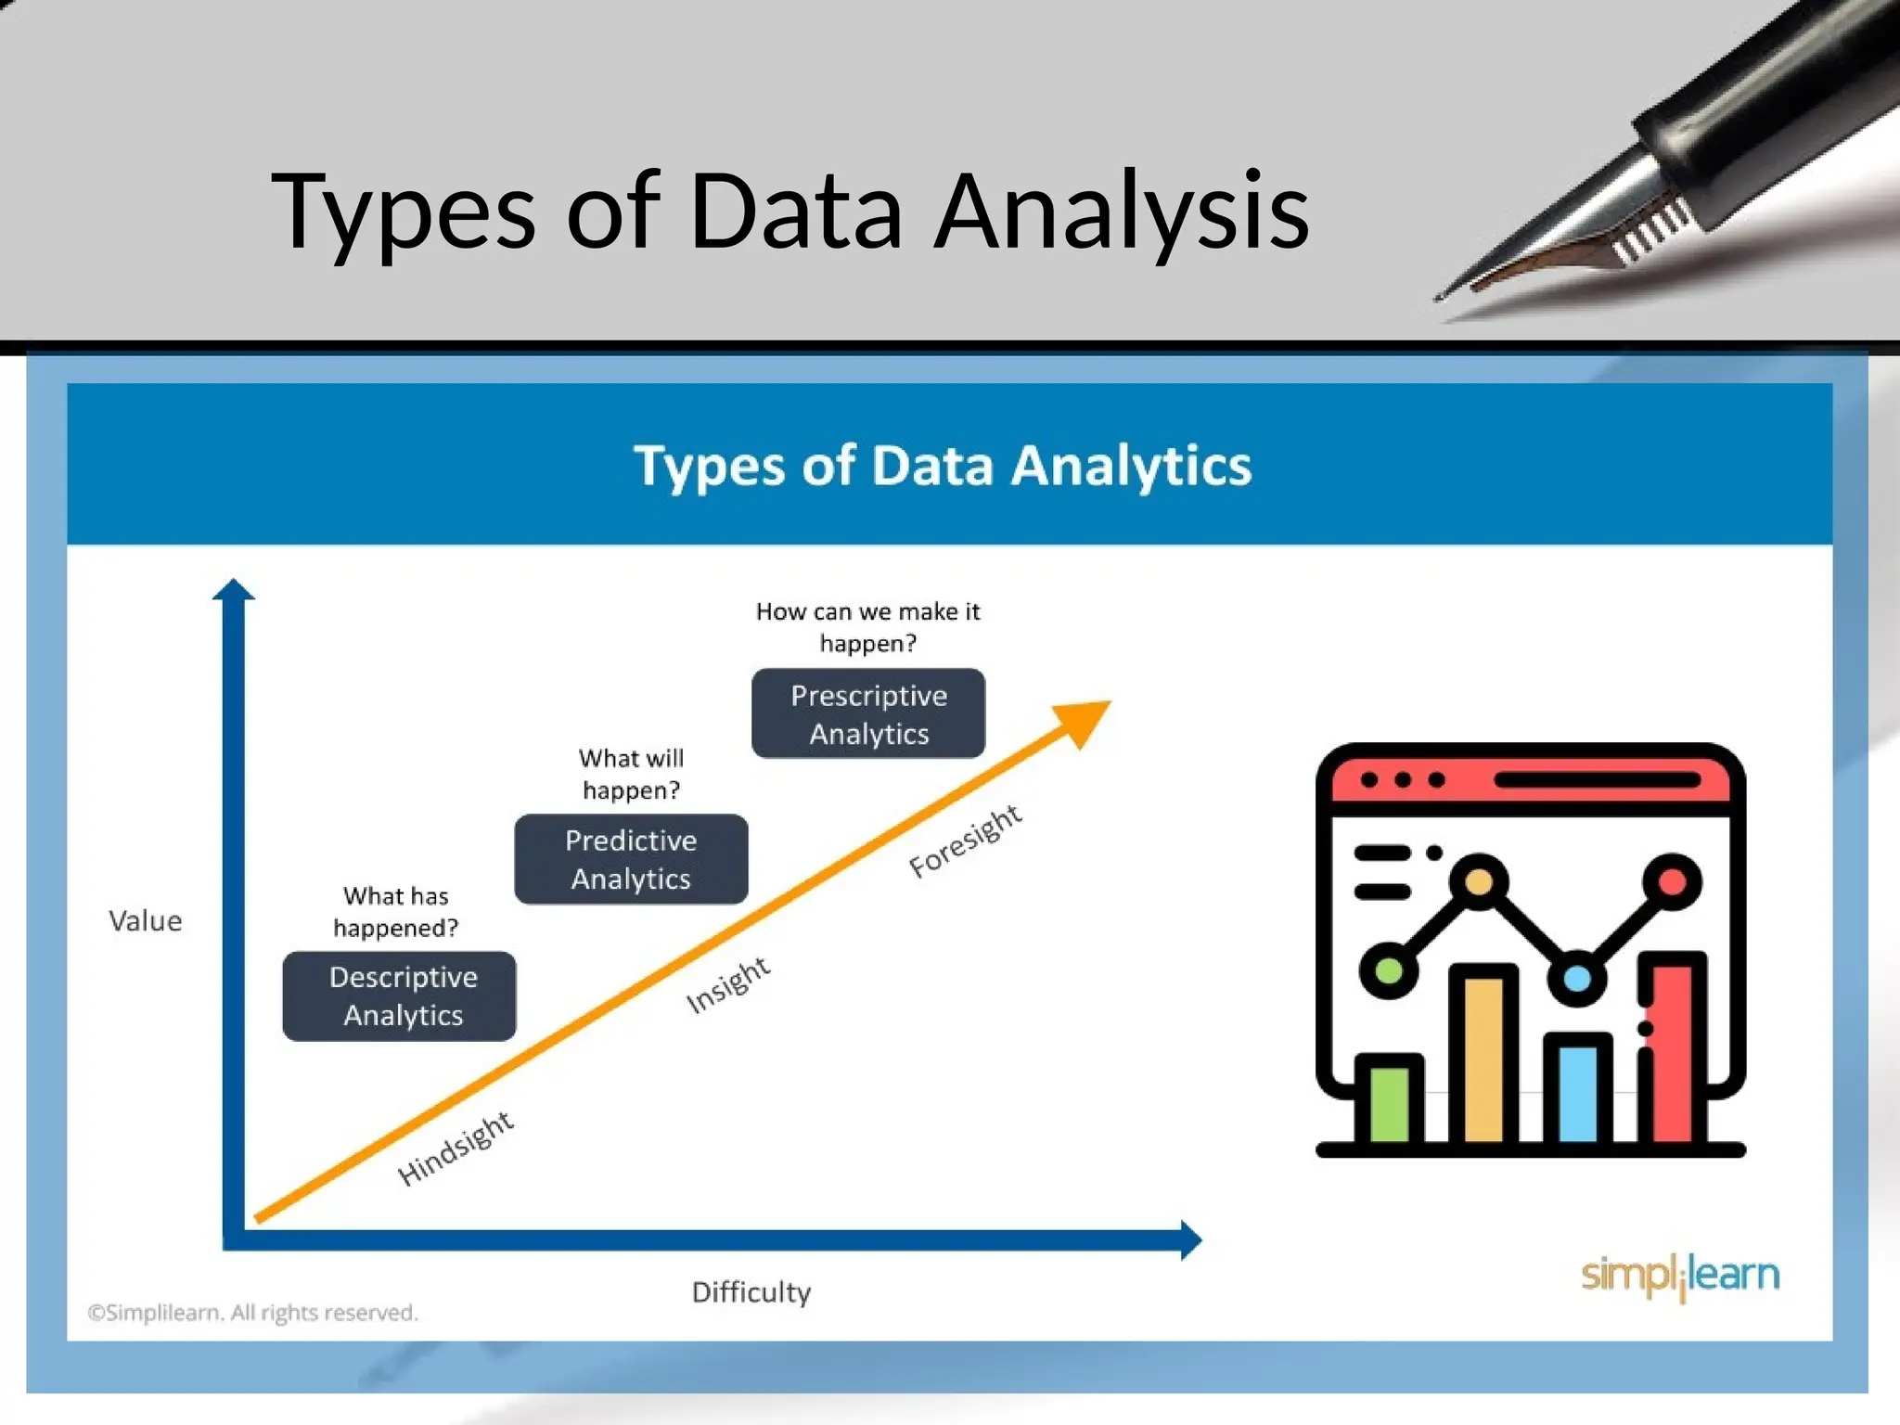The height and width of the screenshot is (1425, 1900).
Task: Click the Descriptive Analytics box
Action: click(399, 995)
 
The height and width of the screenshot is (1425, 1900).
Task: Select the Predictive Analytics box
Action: click(631, 859)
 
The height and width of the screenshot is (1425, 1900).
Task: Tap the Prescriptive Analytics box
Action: click(868, 713)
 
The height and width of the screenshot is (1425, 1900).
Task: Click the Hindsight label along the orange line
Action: click(456, 1148)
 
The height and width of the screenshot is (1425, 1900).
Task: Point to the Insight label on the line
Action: click(728, 984)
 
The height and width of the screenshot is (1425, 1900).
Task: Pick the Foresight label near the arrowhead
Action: click(966, 841)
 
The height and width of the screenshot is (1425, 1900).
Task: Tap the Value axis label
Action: click(146, 921)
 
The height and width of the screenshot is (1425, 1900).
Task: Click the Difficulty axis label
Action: click(751, 1291)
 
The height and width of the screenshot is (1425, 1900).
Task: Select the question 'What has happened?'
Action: click(396, 912)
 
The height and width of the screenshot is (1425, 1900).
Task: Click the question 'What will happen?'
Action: click(631, 774)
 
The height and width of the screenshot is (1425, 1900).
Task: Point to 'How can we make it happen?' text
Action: click(868, 627)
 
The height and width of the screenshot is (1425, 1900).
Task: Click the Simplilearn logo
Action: click(1680, 1277)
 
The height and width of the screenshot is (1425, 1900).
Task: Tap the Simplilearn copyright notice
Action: click(252, 1313)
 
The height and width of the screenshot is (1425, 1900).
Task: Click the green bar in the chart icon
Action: click(1389, 1104)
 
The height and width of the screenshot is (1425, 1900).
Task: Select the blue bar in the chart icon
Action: click(1578, 1093)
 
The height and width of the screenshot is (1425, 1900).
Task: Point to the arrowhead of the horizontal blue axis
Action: click(1191, 1239)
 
